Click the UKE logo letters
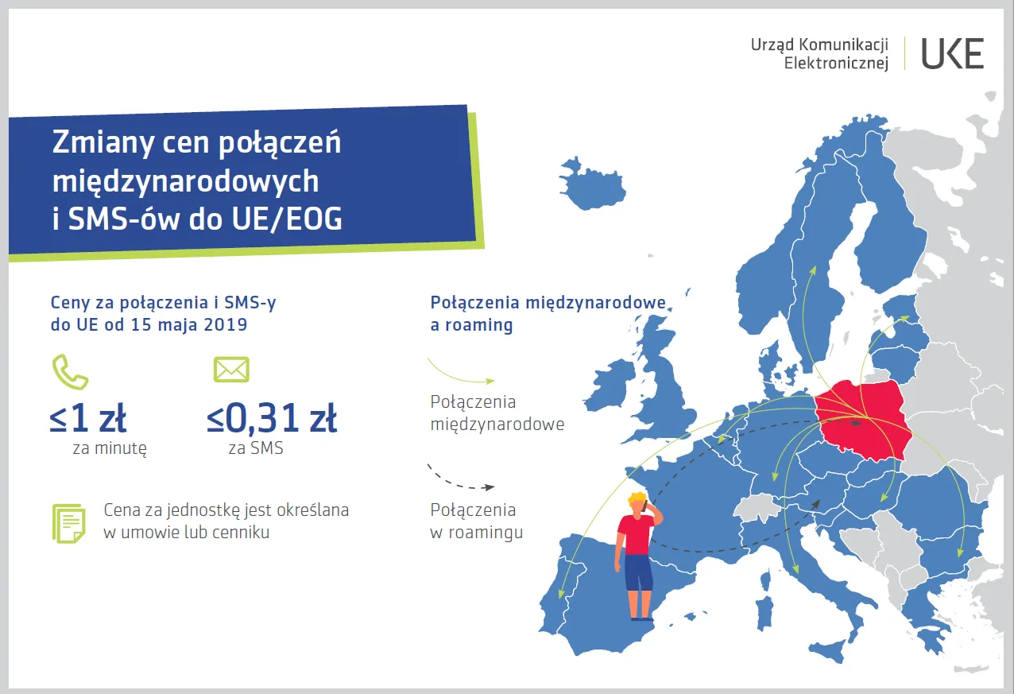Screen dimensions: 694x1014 point(952,53)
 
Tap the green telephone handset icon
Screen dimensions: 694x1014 point(70,371)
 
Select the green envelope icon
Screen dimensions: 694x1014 point(231,369)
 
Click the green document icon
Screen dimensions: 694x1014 point(68,523)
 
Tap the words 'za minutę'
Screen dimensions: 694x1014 point(110,448)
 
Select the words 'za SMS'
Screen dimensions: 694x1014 point(255,448)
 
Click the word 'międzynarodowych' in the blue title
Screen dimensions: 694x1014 point(185,181)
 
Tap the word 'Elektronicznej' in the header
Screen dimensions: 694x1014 point(836,64)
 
